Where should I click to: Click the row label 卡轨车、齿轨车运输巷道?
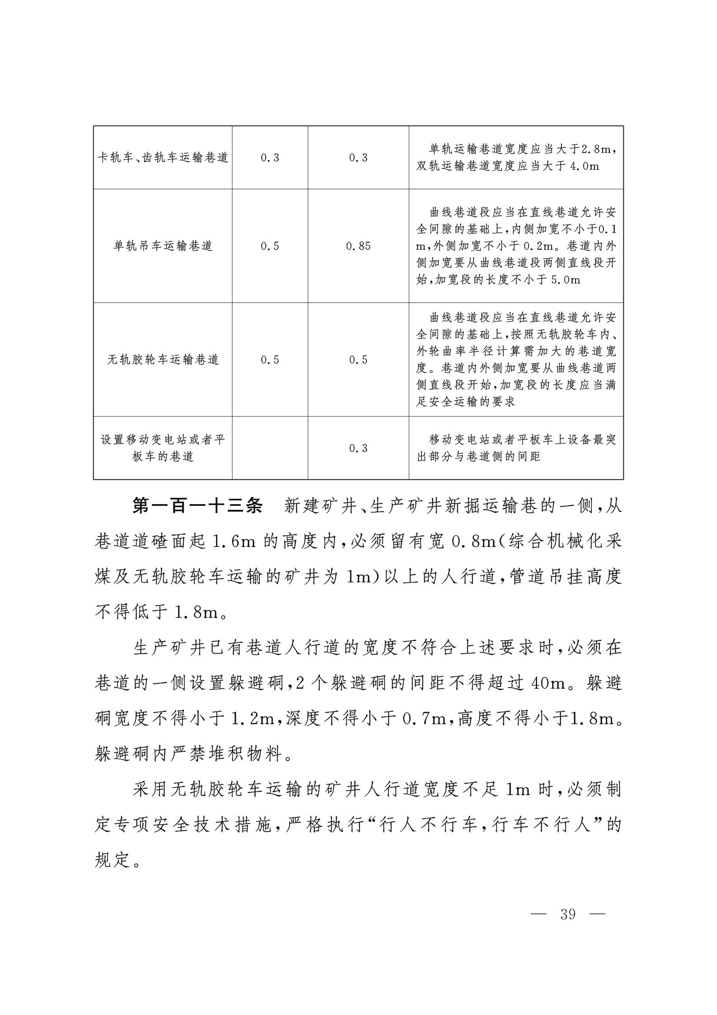point(163,158)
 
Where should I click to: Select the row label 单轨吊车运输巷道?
point(163,246)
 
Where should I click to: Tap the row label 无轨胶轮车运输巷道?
point(163,360)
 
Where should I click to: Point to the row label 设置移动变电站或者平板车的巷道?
point(163,448)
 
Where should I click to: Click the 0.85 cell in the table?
point(358,246)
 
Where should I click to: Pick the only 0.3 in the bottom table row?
point(358,448)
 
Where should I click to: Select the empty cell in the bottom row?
point(270,448)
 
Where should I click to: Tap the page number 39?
point(568,914)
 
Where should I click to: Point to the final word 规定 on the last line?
point(113,860)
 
